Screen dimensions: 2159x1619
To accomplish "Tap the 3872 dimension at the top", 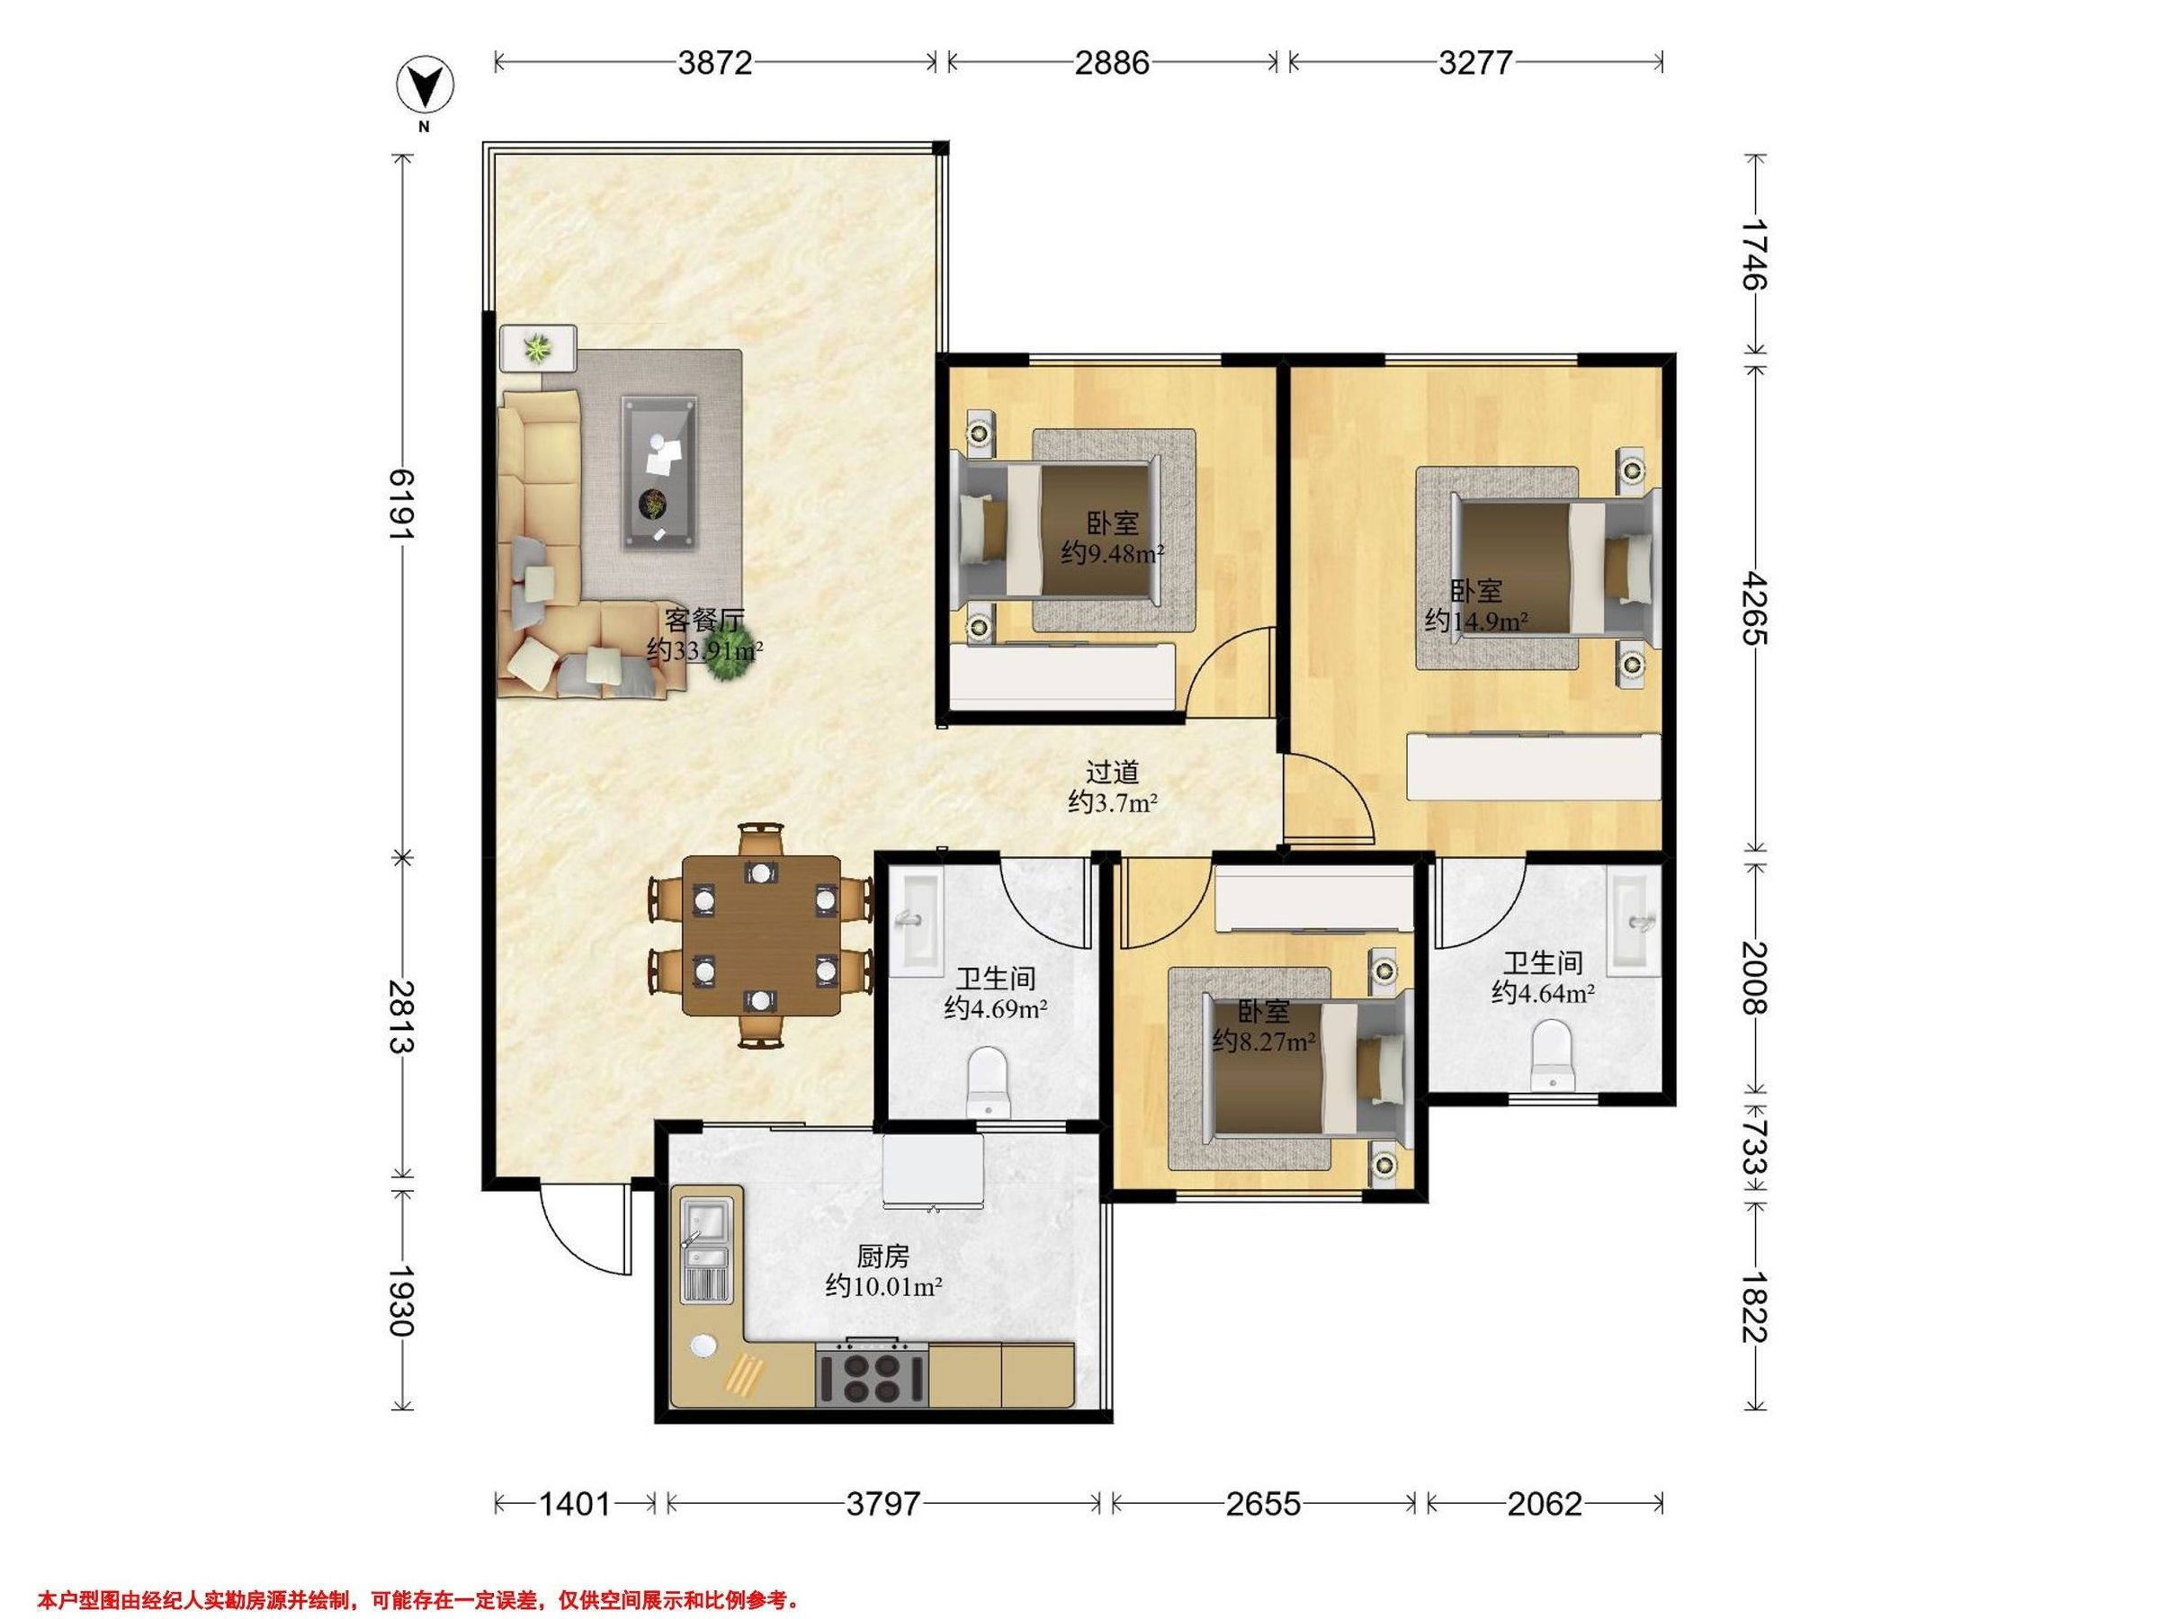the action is pos(715,62).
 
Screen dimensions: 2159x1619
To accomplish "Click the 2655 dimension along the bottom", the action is pos(1263,1504).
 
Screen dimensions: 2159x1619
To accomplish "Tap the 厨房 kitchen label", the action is pos(882,1256).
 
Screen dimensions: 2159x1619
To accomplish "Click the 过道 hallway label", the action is pos(1113,772).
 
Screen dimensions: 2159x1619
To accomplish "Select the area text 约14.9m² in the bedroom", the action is pos(1476,620).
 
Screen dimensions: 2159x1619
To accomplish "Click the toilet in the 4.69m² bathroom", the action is pos(987,1082).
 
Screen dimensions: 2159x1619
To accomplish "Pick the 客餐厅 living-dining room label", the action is pos(704,620).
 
